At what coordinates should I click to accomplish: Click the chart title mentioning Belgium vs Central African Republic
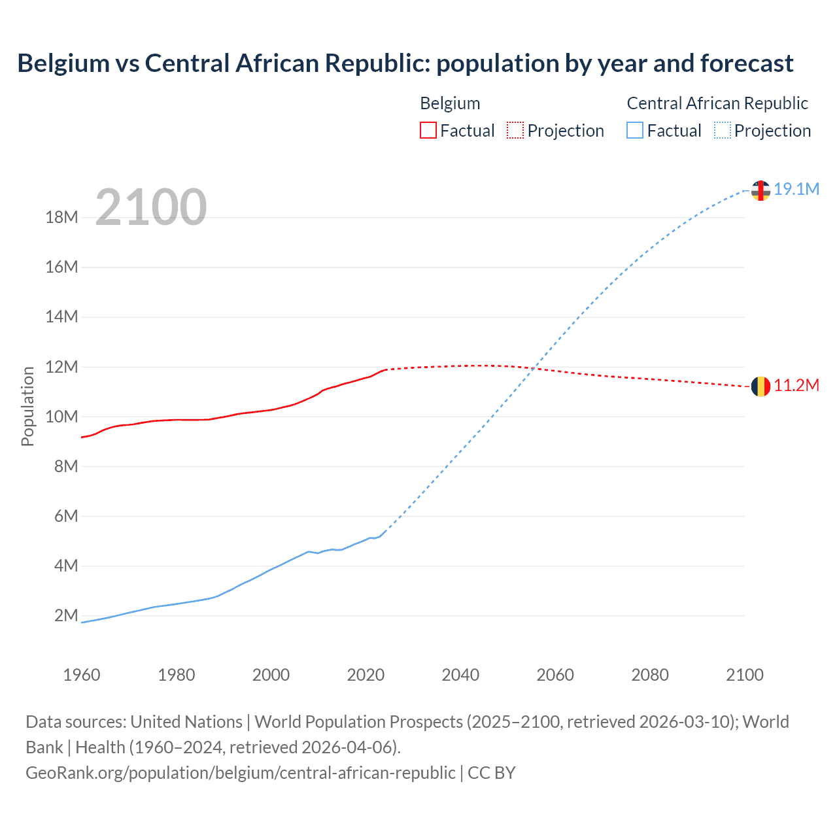coord(405,63)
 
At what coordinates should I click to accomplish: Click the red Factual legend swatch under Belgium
coord(428,130)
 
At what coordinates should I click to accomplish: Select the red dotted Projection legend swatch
coord(515,130)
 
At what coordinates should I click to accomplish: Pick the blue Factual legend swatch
coord(634,130)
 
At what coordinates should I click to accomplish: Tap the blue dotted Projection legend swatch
coord(722,130)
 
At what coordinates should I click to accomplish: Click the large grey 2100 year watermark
coord(151,207)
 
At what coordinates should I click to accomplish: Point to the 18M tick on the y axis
coord(62,217)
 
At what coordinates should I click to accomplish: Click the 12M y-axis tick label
coord(62,367)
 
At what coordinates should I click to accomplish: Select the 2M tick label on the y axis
coord(66,615)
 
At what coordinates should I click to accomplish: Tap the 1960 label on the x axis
coord(82,675)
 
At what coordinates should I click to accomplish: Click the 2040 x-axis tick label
coord(460,675)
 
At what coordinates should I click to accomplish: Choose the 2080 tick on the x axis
coord(650,675)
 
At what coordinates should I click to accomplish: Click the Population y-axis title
coord(27,407)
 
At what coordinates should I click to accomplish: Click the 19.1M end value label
coord(796,189)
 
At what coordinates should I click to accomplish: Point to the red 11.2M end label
coord(796,386)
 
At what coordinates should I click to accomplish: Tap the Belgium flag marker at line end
coord(760,386)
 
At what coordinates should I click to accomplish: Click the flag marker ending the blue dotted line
coord(760,190)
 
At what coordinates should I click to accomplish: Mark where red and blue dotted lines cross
coord(535,369)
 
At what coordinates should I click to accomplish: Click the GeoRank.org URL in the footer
coord(240,772)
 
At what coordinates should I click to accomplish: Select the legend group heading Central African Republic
coord(717,103)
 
